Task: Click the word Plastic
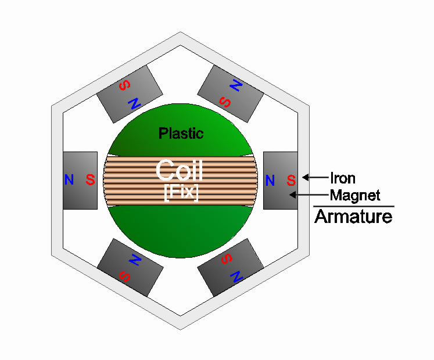(181, 134)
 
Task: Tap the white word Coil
(180, 170)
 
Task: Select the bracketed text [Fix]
(181, 192)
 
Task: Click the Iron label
(343, 178)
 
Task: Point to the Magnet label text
(355, 196)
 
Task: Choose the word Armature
(353, 217)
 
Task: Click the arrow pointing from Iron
(315, 177)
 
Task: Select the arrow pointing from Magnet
(309, 195)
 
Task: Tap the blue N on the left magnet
(69, 179)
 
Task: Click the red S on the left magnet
(90, 179)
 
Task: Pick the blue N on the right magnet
(270, 181)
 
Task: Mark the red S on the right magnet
(291, 180)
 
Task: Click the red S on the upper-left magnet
(124, 85)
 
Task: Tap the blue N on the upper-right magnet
(236, 85)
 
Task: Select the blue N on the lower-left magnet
(135, 260)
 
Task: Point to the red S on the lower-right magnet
(227, 259)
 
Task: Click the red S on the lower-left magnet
(124, 276)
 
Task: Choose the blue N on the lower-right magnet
(236, 276)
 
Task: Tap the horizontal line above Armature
(354, 206)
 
